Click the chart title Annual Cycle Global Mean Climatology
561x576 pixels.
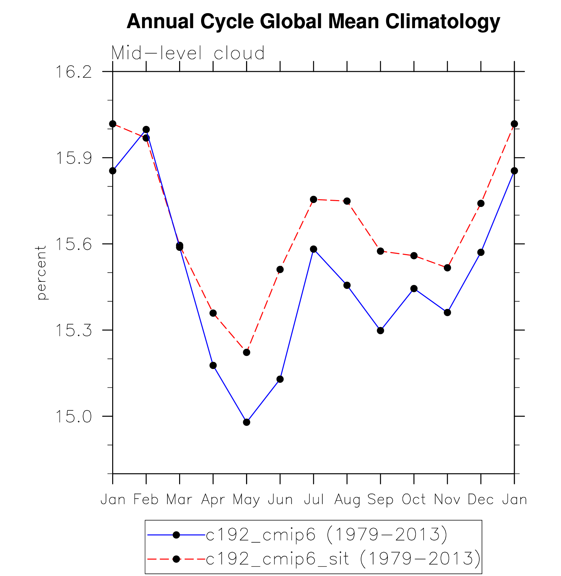tap(313, 22)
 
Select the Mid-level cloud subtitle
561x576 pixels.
tap(188, 53)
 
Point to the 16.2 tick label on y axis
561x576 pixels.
tap(74, 72)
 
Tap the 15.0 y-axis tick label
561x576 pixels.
tap(74, 417)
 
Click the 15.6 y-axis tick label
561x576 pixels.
tap(74, 244)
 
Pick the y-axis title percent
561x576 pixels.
tap(41, 273)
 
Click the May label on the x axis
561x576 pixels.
tap(246, 500)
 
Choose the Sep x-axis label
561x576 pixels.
tap(380, 500)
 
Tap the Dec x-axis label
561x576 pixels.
tap(481, 500)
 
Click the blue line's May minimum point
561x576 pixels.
tap(247, 422)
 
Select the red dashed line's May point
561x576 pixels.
tap(247, 352)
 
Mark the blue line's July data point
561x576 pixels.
tap(314, 249)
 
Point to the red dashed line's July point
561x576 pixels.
tap(314, 199)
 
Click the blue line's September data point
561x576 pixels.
tap(381, 330)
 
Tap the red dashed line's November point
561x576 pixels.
tap(447, 268)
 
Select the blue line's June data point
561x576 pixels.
tap(280, 379)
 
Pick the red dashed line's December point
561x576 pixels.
tap(481, 203)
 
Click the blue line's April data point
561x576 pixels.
tap(213, 365)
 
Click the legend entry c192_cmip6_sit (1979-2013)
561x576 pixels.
tap(343, 559)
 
